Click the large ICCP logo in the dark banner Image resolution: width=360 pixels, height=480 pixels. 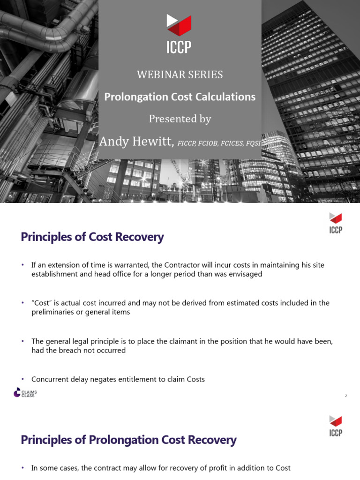pyautogui.click(x=180, y=34)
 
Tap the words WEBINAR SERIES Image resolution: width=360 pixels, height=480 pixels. pyautogui.click(x=180, y=75)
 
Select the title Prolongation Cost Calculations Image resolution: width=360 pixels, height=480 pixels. pyautogui.click(x=180, y=97)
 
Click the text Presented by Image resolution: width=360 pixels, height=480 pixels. pyautogui.click(x=180, y=119)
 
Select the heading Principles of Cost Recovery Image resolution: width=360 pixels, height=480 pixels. pyautogui.click(x=92, y=237)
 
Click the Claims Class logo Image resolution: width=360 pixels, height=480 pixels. pyautogui.click(x=24, y=393)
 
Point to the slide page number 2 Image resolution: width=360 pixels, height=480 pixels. pyautogui.click(x=346, y=396)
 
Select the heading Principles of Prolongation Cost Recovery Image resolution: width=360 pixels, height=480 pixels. pyautogui.click(x=129, y=440)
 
